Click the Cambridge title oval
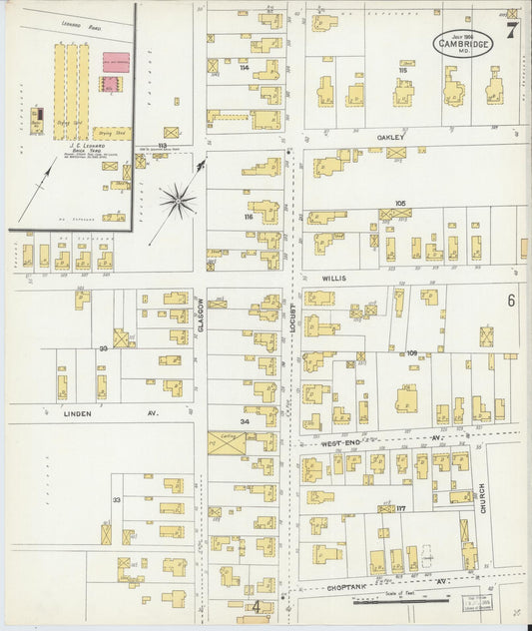[x=462, y=43]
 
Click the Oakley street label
[x=391, y=138]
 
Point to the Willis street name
[x=334, y=280]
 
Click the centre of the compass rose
[x=177, y=201]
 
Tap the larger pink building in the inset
[x=115, y=61]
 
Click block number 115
[x=403, y=70]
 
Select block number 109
[x=411, y=352]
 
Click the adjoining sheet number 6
[x=510, y=301]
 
